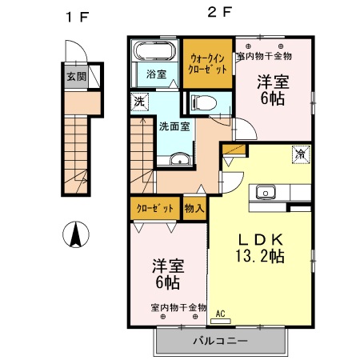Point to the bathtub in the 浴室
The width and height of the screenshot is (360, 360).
tap(154, 52)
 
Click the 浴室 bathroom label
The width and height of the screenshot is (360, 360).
tap(156, 74)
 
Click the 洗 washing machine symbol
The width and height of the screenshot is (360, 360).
tap(139, 102)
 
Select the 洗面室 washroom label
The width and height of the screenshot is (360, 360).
tap(173, 126)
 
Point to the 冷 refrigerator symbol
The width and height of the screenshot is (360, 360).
tap(300, 154)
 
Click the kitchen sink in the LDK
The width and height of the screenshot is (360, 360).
tap(265, 192)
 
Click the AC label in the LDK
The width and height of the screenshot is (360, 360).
tap(220, 314)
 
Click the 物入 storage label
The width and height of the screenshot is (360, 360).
tap(194, 209)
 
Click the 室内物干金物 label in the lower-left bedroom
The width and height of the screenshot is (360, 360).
tap(178, 307)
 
